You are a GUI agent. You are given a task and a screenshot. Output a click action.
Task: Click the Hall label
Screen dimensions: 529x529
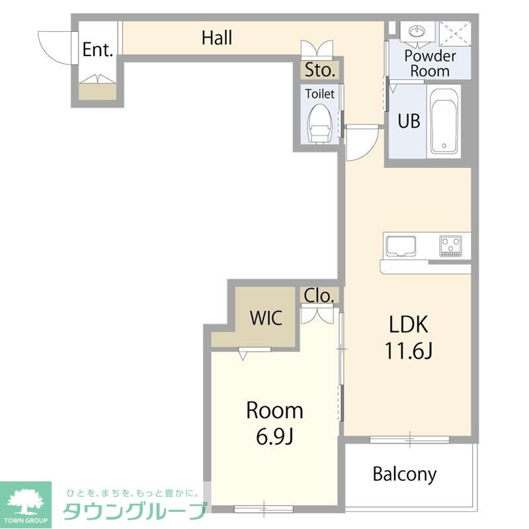[217, 38]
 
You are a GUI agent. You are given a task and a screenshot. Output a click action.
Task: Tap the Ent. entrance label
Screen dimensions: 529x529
[98, 50]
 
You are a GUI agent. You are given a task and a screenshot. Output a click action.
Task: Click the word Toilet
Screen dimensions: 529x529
[320, 94]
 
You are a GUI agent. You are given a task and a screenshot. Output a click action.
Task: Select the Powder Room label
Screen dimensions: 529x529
[429, 63]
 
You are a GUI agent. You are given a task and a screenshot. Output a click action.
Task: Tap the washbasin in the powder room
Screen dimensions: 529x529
[417, 32]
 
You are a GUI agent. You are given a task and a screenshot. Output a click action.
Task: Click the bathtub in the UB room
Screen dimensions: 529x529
[444, 121]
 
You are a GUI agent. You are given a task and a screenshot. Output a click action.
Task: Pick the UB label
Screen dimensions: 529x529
[408, 122]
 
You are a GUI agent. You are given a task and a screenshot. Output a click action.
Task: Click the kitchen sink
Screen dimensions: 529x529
[401, 246]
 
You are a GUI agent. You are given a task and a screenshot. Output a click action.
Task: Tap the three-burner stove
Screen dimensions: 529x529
[453, 246]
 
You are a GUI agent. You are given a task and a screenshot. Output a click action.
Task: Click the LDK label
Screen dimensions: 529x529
[409, 325]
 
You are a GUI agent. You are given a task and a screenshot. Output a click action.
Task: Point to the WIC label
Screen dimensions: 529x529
[266, 317]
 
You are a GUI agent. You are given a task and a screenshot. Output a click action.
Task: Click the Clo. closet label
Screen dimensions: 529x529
[319, 296]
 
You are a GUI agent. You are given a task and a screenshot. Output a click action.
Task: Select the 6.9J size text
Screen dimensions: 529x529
[274, 436]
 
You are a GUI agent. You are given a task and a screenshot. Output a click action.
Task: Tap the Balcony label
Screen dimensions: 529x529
[405, 473]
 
